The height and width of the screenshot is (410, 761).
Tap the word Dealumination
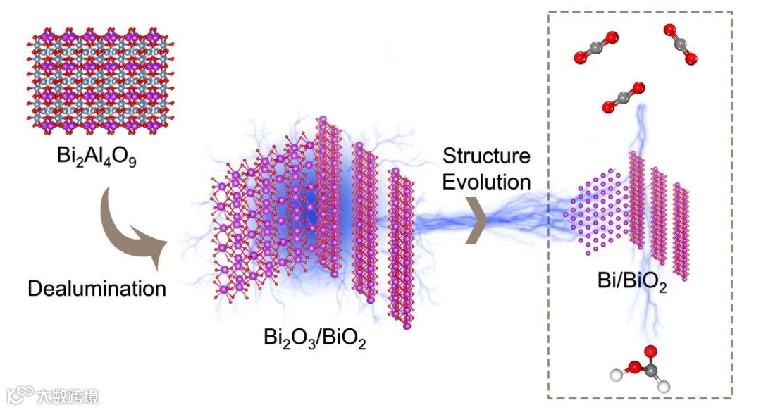[97, 287]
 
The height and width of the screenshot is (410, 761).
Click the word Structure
[485, 156]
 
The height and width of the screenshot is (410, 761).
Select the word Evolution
[485, 182]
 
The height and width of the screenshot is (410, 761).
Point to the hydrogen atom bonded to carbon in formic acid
[663, 386]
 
